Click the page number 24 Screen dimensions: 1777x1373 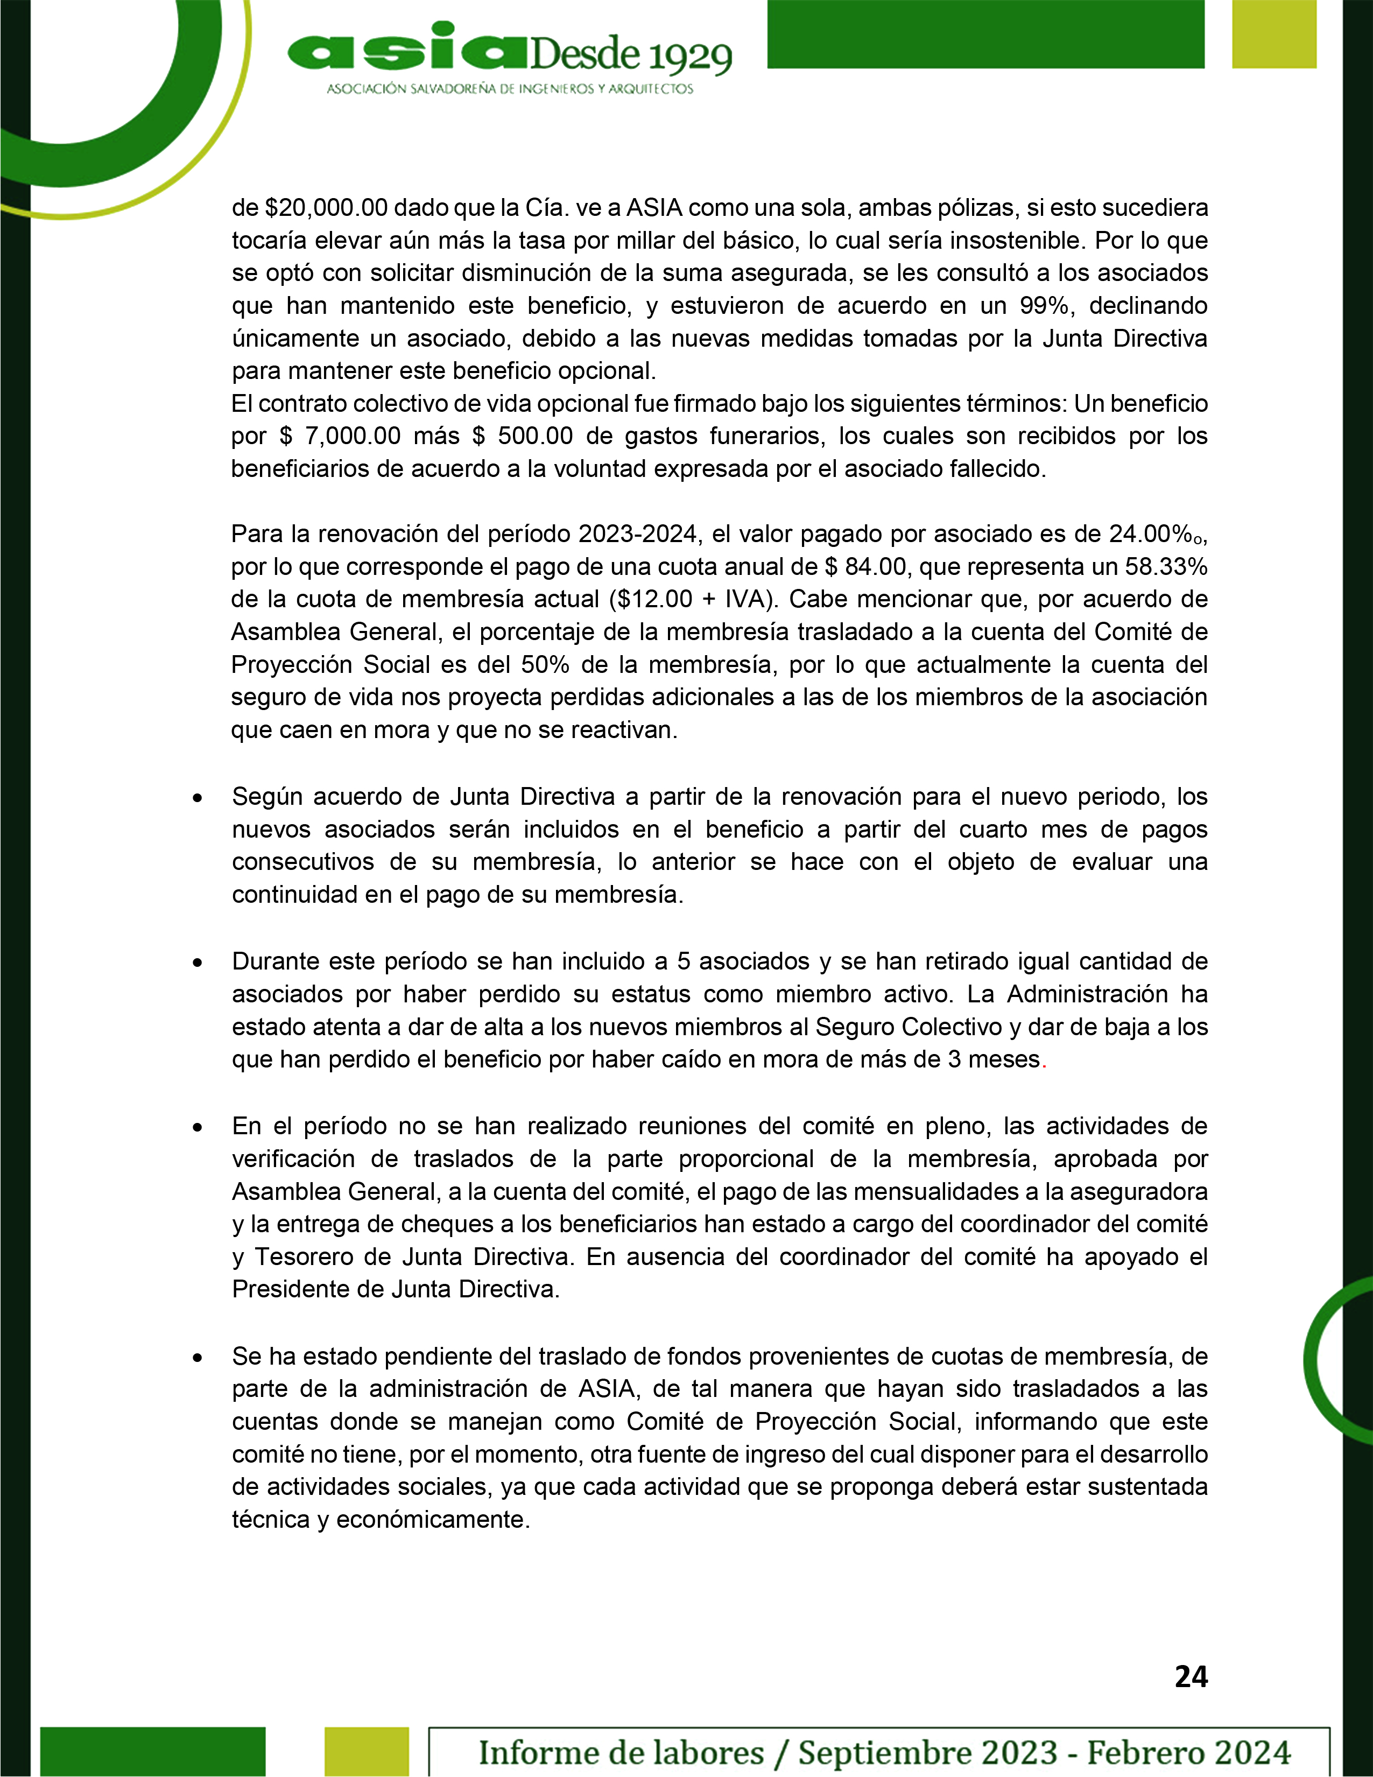click(1191, 1676)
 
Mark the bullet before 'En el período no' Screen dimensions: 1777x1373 click(198, 1128)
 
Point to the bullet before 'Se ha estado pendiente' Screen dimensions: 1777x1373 click(198, 1358)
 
